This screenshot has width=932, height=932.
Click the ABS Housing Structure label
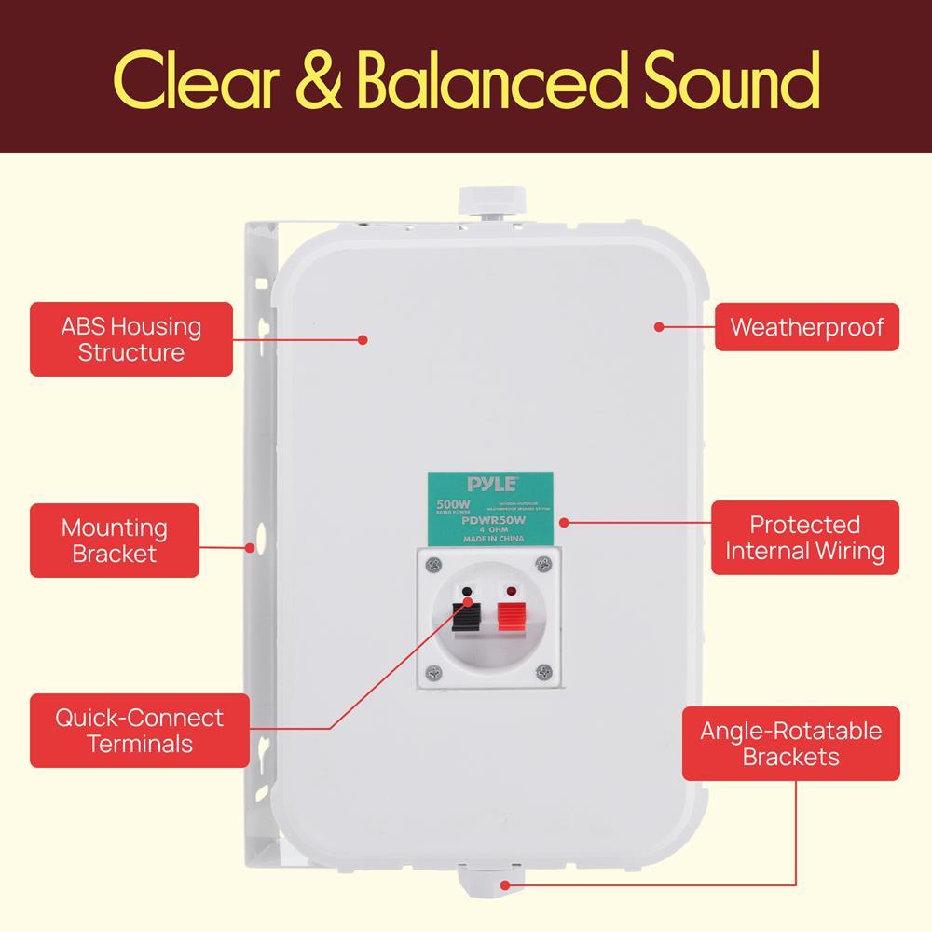131,339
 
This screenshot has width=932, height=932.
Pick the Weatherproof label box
806,327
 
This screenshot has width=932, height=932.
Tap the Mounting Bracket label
115,541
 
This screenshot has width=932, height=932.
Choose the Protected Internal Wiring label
805,538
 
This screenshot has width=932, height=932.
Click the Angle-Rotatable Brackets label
790,743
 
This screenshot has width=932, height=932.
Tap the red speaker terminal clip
510,616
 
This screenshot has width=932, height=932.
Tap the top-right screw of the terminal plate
543,564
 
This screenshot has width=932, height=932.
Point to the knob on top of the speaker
490,201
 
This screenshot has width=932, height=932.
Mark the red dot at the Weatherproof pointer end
658,327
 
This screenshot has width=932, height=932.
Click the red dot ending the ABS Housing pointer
363,339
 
